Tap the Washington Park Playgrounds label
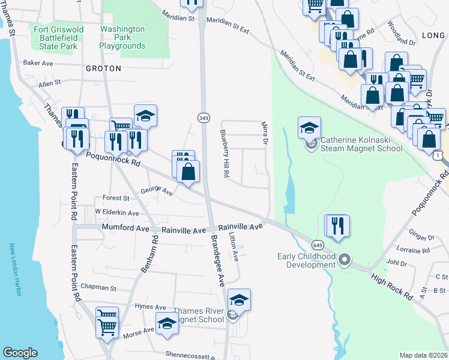pos(122,37)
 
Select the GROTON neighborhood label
pos(103,68)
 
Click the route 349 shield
pos(204,119)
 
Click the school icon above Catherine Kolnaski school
pos(309,128)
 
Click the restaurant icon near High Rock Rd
pos(337,226)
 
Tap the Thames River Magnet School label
pos(199,315)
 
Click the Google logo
pos(20,353)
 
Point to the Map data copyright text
pos(423,355)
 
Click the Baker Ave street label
pos(38,62)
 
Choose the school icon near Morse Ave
pos(167,324)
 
